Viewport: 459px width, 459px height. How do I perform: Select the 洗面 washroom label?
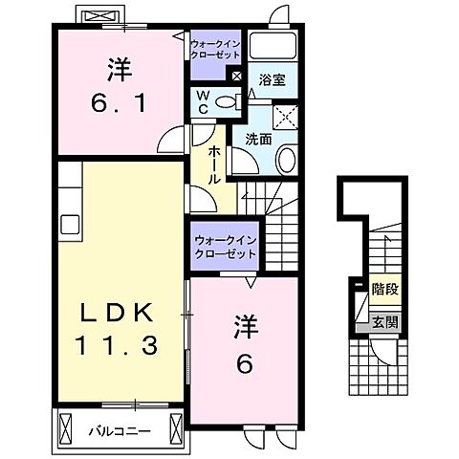click(258, 140)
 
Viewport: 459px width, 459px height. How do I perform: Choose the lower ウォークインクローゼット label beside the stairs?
click(225, 248)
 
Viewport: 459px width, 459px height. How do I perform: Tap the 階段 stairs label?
click(384, 286)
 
